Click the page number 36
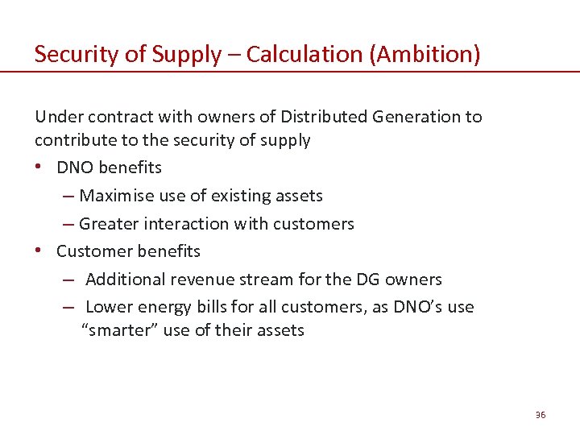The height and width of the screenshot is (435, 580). (540, 414)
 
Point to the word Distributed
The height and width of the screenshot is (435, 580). (325, 117)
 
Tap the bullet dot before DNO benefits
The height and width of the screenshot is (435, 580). (40, 168)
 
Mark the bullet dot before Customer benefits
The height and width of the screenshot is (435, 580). (40, 251)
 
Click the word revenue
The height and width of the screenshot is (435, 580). (201, 280)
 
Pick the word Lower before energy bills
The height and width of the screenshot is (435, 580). (109, 307)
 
